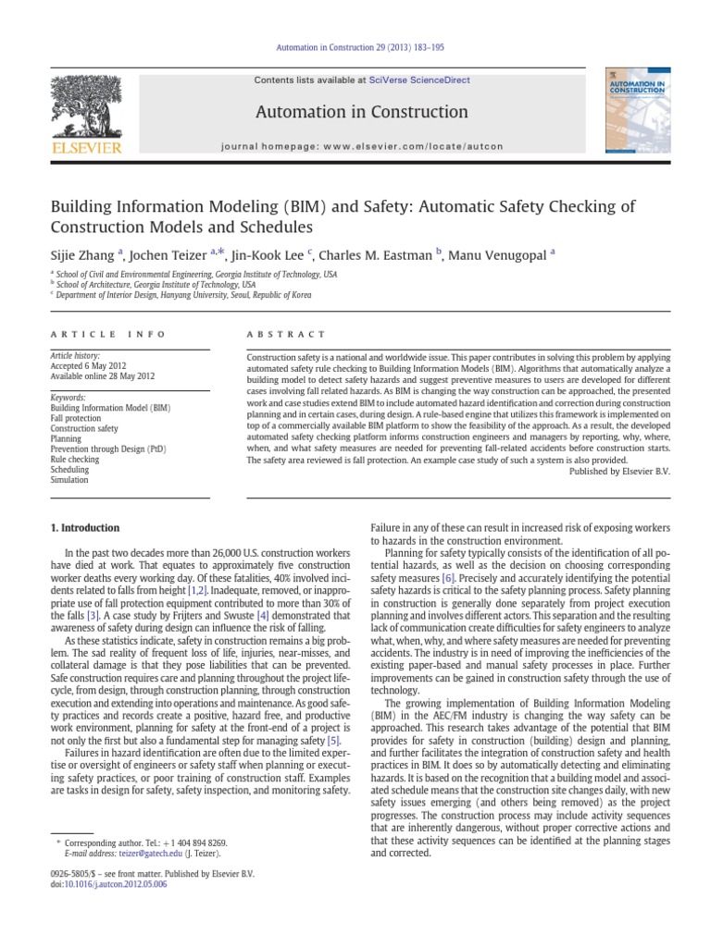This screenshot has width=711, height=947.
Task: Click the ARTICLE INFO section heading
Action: point(107,334)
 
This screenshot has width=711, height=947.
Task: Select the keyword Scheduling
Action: point(70,470)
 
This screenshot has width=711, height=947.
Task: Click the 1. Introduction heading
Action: point(83,528)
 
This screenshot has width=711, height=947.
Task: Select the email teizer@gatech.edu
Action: point(138,855)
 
